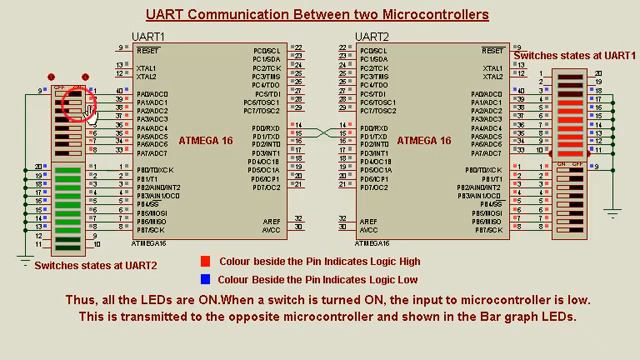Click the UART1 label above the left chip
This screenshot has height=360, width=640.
148,37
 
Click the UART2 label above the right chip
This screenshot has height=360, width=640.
372,37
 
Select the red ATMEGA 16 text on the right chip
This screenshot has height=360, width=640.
424,141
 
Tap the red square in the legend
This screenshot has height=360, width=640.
205,262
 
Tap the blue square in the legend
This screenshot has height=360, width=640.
205,280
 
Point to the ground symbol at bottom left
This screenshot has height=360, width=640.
26,263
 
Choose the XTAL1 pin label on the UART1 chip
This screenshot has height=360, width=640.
147,68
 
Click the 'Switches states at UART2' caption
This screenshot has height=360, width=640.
96,266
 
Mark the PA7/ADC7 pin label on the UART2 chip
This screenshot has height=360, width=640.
487,153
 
